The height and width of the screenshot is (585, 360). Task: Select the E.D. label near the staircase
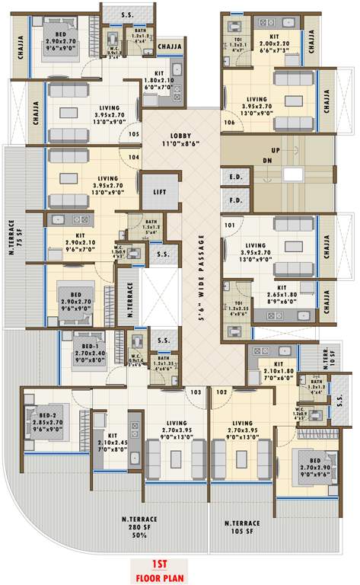coord(234,177)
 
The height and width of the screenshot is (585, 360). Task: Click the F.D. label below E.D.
coord(234,202)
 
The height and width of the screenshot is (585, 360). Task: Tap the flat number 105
coord(135,136)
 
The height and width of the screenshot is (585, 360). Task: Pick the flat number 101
coord(229,225)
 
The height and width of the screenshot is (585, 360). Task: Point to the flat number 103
coord(196,392)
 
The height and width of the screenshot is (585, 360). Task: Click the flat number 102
coord(221,392)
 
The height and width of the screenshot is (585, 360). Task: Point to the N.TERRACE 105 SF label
coord(243,527)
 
